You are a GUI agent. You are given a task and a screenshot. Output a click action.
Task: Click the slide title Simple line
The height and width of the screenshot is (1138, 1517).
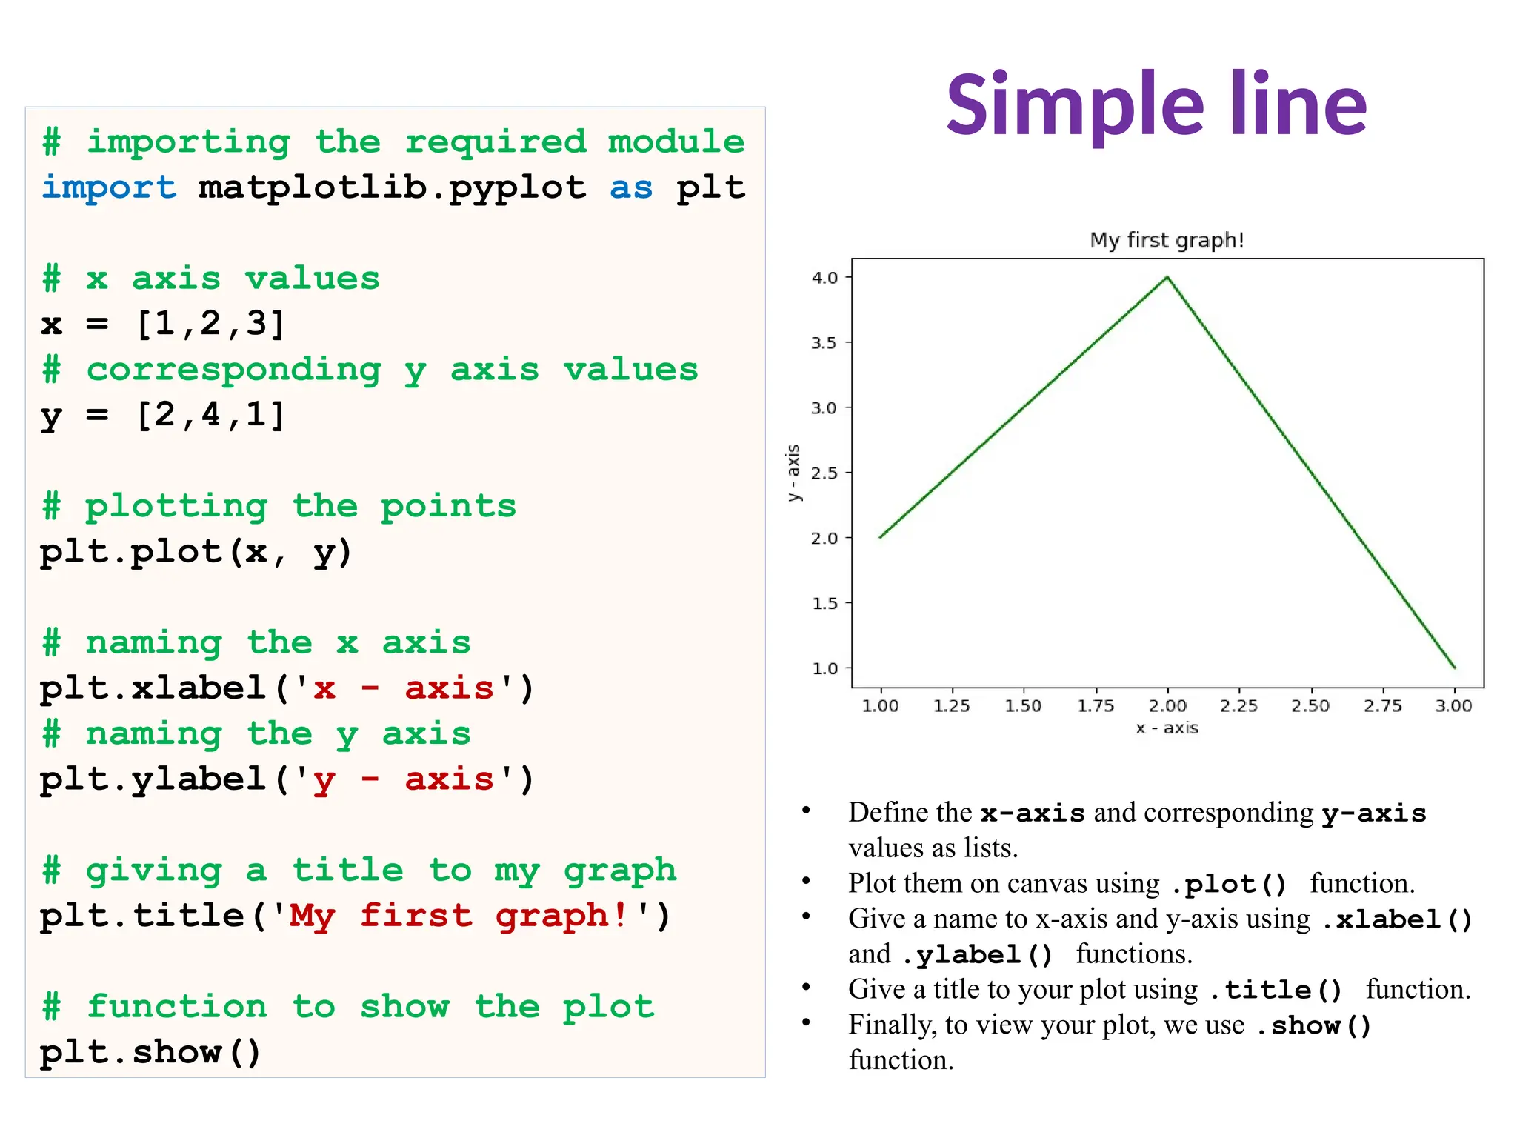[1156, 105]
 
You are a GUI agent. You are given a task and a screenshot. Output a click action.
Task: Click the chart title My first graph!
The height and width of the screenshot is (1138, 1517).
[1167, 240]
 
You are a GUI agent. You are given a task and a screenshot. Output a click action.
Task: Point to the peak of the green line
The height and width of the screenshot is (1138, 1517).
[1167, 277]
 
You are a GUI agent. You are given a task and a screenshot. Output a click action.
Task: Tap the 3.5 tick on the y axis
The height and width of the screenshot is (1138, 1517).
[824, 343]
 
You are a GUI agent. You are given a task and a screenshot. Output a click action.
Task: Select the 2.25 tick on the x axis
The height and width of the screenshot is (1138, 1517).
[1238, 705]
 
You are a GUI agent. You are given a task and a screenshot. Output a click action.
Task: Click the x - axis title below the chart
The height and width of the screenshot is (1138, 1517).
[1167, 728]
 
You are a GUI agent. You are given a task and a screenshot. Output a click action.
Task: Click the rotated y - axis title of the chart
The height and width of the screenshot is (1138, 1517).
[793, 473]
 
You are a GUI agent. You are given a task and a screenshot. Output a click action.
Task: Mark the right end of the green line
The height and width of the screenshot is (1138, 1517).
[1454, 668]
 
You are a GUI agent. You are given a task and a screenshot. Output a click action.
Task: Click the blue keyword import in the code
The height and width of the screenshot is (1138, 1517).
[109, 187]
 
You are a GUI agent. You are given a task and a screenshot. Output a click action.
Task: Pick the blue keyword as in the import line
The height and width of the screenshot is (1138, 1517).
[631, 187]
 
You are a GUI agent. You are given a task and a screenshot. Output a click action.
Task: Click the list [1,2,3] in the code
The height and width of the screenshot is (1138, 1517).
[210, 324]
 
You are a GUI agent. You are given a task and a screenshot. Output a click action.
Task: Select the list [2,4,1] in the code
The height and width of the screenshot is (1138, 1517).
[210, 415]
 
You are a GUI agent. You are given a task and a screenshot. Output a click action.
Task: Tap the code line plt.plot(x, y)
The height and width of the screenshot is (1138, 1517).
[196, 552]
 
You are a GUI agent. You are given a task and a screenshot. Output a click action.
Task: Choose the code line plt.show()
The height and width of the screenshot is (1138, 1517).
[150, 1052]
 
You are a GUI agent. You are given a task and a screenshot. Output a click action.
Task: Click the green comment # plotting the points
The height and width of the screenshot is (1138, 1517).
[279, 506]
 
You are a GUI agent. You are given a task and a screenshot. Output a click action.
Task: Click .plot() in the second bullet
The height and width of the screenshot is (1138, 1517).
[1230, 884]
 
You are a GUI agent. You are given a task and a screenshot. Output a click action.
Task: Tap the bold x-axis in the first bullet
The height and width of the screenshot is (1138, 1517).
[1033, 813]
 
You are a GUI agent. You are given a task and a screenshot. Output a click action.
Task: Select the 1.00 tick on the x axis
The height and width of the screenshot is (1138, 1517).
[880, 705]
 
